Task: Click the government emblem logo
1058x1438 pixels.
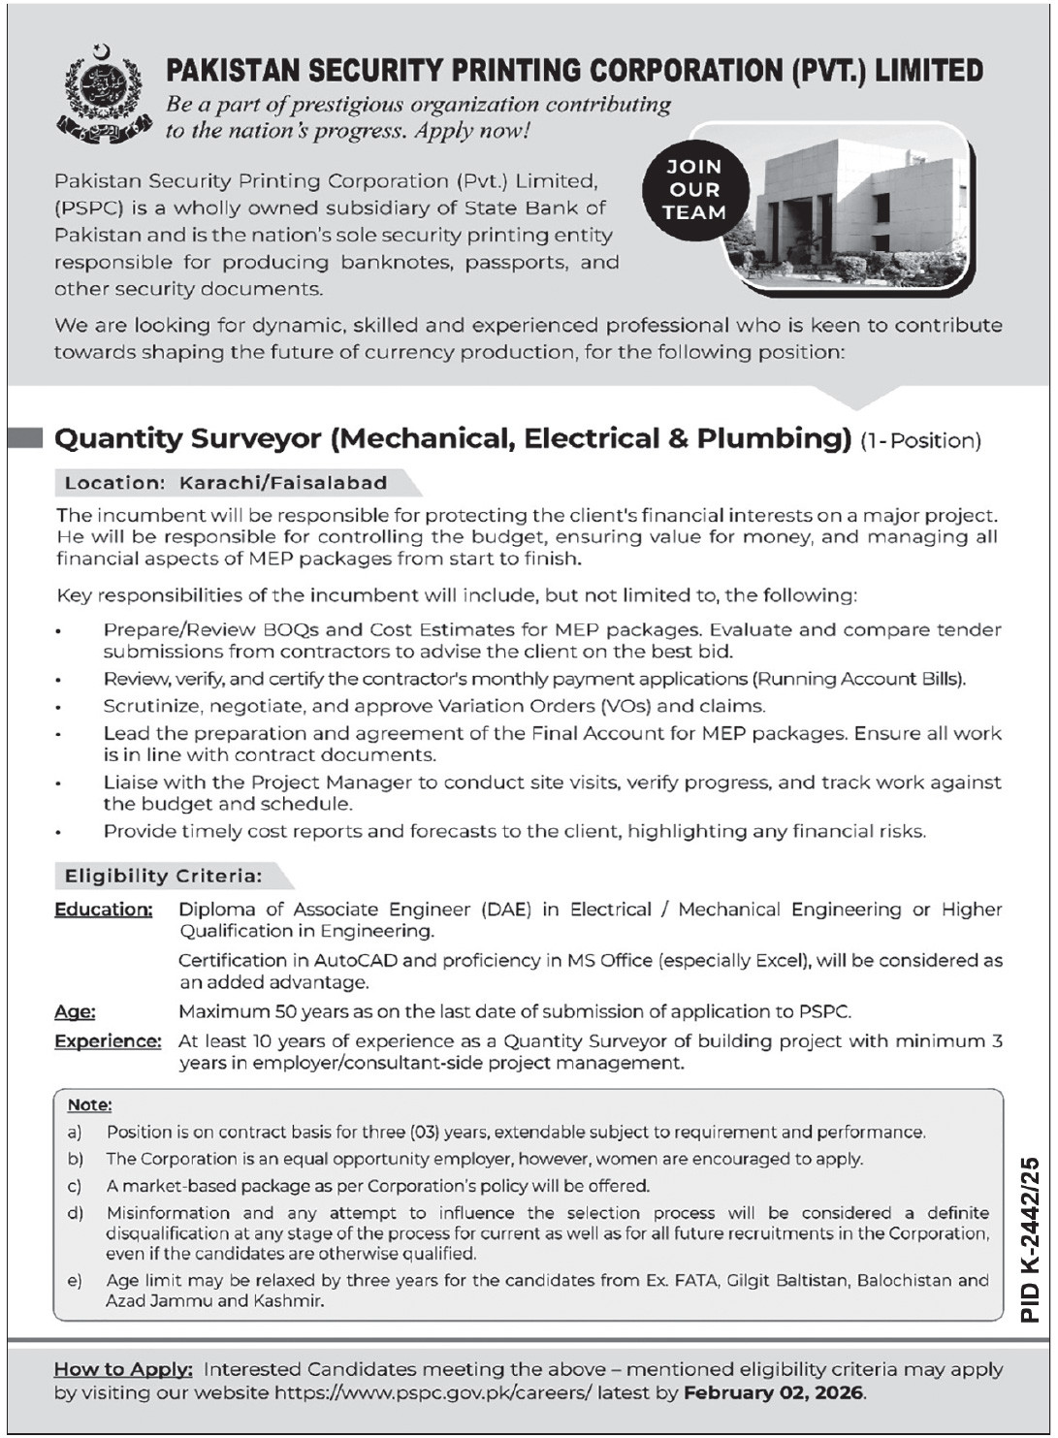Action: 103,94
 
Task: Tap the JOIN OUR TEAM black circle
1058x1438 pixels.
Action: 694,190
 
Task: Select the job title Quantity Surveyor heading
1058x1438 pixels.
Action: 452,438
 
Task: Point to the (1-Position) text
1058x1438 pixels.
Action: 920,441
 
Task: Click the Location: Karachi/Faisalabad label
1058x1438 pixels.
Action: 226,483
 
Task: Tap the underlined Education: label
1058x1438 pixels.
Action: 104,910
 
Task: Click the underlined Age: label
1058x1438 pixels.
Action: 75,1012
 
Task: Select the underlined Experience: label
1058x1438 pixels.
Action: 108,1041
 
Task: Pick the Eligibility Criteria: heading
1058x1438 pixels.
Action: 163,877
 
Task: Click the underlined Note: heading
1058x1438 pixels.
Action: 89,1104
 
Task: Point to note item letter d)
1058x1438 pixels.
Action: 75,1213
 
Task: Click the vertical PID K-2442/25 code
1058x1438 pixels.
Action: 1030,1239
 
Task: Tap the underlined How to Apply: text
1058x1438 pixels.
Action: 123,1369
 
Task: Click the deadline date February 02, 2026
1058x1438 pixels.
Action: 773,1393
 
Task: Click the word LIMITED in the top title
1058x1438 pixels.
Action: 928,71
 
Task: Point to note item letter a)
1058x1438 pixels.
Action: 75,1132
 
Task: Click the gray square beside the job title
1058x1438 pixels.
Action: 25,438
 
